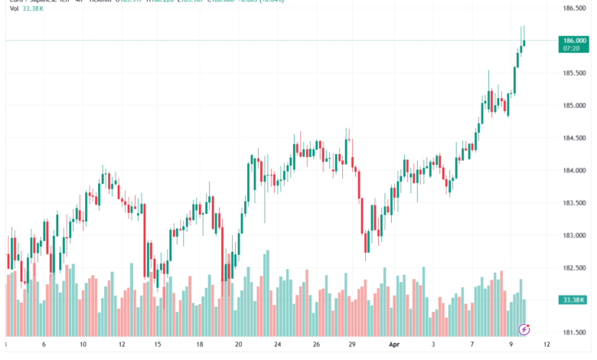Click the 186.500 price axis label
[574, 8]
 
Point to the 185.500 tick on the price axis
[574, 74]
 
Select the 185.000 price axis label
[574, 106]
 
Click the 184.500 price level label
[574, 138]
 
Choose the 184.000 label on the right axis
[574, 170]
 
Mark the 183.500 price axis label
[574, 203]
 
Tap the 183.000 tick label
[574, 235]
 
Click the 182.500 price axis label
[574, 267]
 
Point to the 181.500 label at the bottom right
[574, 332]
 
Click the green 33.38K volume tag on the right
[573, 299]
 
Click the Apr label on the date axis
[394, 345]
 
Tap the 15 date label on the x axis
[157, 345]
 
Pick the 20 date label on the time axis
[239, 345]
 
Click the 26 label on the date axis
[315, 345]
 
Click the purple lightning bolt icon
[524, 330]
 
